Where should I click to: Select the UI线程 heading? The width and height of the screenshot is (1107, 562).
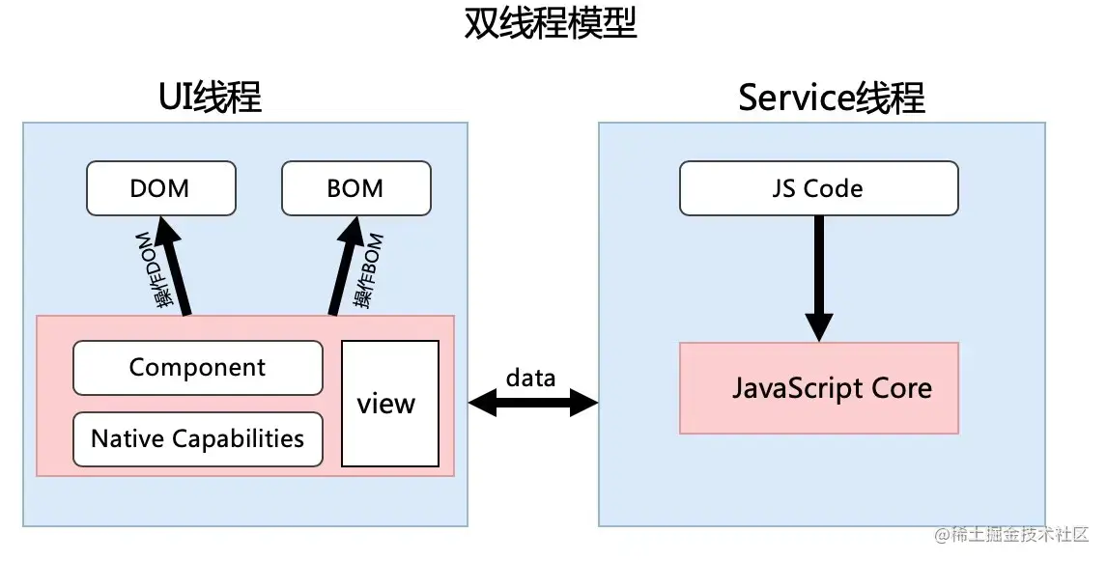(x=210, y=98)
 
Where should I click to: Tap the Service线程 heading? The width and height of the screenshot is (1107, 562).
(x=831, y=98)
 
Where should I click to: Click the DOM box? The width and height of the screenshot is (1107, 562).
(x=160, y=188)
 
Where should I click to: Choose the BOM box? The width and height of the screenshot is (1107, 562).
(x=355, y=188)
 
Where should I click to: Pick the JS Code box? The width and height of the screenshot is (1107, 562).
(x=818, y=188)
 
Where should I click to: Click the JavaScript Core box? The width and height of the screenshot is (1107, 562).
(x=818, y=388)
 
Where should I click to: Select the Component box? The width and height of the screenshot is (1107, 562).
(x=197, y=368)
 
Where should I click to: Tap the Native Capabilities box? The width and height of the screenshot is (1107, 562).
(x=197, y=439)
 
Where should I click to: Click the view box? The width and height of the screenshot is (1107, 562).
(x=389, y=404)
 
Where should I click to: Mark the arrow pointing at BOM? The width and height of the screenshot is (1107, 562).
(x=346, y=266)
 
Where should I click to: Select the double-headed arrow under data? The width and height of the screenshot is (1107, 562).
(x=532, y=403)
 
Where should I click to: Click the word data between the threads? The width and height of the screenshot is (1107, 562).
(x=530, y=377)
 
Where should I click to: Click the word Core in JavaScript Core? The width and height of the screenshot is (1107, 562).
(x=900, y=388)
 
